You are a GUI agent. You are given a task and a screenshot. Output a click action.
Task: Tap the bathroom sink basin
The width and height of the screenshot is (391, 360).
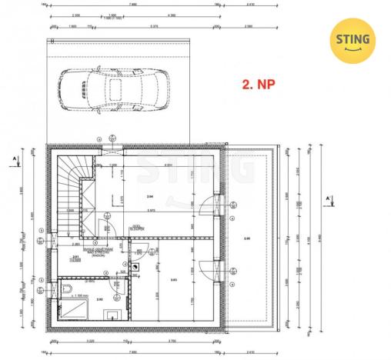(113, 314)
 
